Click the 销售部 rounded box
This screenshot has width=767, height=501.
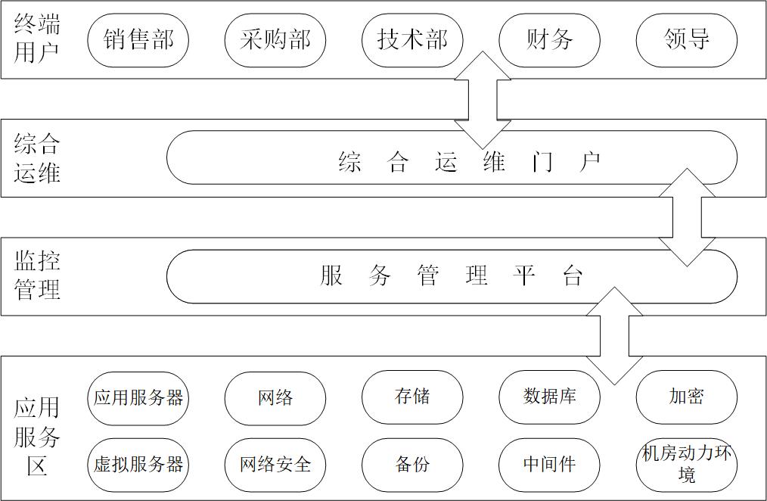pyautogui.click(x=138, y=40)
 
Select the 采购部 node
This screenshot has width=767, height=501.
pyautogui.click(x=275, y=40)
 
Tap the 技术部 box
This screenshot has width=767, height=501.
pyautogui.click(x=412, y=40)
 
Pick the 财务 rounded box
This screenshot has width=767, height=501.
pyautogui.click(x=549, y=40)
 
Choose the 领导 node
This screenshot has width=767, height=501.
pyautogui.click(x=686, y=40)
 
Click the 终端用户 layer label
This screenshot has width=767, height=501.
pyautogui.click(x=37, y=39)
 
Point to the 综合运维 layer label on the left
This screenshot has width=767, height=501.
pyautogui.click(x=37, y=158)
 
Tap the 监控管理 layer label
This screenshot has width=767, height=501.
pyautogui.click(x=37, y=275)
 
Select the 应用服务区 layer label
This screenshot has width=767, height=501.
pyautogui.click(x=37, y=437)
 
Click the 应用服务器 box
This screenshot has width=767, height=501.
pyautogui.click(x=138, y=397)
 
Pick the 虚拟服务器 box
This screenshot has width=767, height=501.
pyautogui.click(x=138, y=465)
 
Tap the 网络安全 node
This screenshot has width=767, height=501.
pyautogui.click(x=275, y=465)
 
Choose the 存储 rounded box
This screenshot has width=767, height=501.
pyautogui.click(x=412, y=397)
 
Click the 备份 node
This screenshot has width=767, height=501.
pyautogui.click(x=412, y=465)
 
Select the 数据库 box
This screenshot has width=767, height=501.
pyautogui.click(x=549, y=397)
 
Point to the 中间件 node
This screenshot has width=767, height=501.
pyautogui.click(x=549, y=465)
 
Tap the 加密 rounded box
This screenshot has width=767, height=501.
pyautogui.click(x=686, y=397)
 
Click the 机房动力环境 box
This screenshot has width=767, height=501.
pyautogui.click(x=686, y=465)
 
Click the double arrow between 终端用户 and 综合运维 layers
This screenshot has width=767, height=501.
pyautogui.click(x=483, y=100)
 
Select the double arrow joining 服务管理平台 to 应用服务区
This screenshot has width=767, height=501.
pyautogui.click(x=614, y=335)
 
